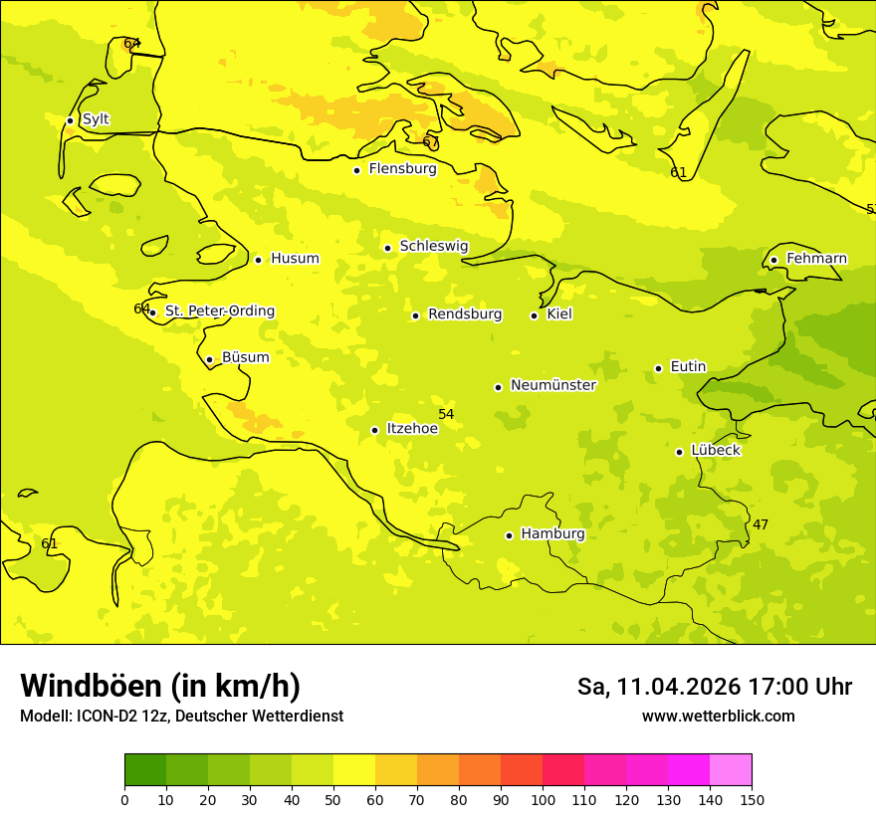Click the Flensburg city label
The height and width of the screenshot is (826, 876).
(402, 169)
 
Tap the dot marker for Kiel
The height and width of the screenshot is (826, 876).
(534, 315)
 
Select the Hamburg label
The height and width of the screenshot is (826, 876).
(552, 534)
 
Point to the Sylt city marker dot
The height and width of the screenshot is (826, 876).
(70, 120)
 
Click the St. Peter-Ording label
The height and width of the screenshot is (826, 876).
(219, 311)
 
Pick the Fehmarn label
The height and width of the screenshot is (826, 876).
(816, 259)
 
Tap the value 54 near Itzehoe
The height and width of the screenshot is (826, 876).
(446, 414)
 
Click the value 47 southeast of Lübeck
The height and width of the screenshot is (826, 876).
(761, 524)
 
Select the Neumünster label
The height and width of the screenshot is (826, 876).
(552, 385)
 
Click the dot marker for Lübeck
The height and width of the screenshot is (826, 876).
(680, 452)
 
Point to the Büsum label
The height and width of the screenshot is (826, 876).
(245, 357)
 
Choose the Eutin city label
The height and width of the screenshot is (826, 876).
(688, 367)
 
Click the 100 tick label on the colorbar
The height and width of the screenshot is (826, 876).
(543, 799)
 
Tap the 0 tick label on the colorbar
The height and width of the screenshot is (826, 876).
(124, 799)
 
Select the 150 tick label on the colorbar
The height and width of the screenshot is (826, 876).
(752, 799)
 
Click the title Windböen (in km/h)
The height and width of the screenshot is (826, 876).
(160, 686)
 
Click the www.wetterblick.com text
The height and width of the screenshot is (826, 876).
(718, 716)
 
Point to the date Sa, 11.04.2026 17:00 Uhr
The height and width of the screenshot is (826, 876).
(714, 687)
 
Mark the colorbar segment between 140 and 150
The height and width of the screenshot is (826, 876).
(731, 769)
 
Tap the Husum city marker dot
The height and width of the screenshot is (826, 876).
(258, 260)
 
